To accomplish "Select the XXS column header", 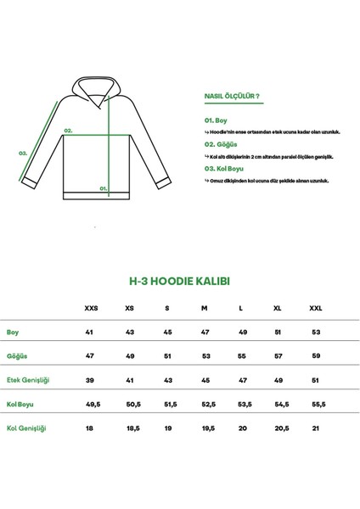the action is point(91,308).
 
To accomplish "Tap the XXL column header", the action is point(316,308).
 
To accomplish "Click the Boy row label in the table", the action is point(13,332).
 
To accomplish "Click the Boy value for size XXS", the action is point(88,332).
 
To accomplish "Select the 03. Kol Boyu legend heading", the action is point(222,168).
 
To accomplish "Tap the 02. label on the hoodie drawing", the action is point(68,131).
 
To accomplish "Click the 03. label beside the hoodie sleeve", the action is point(24,154).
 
